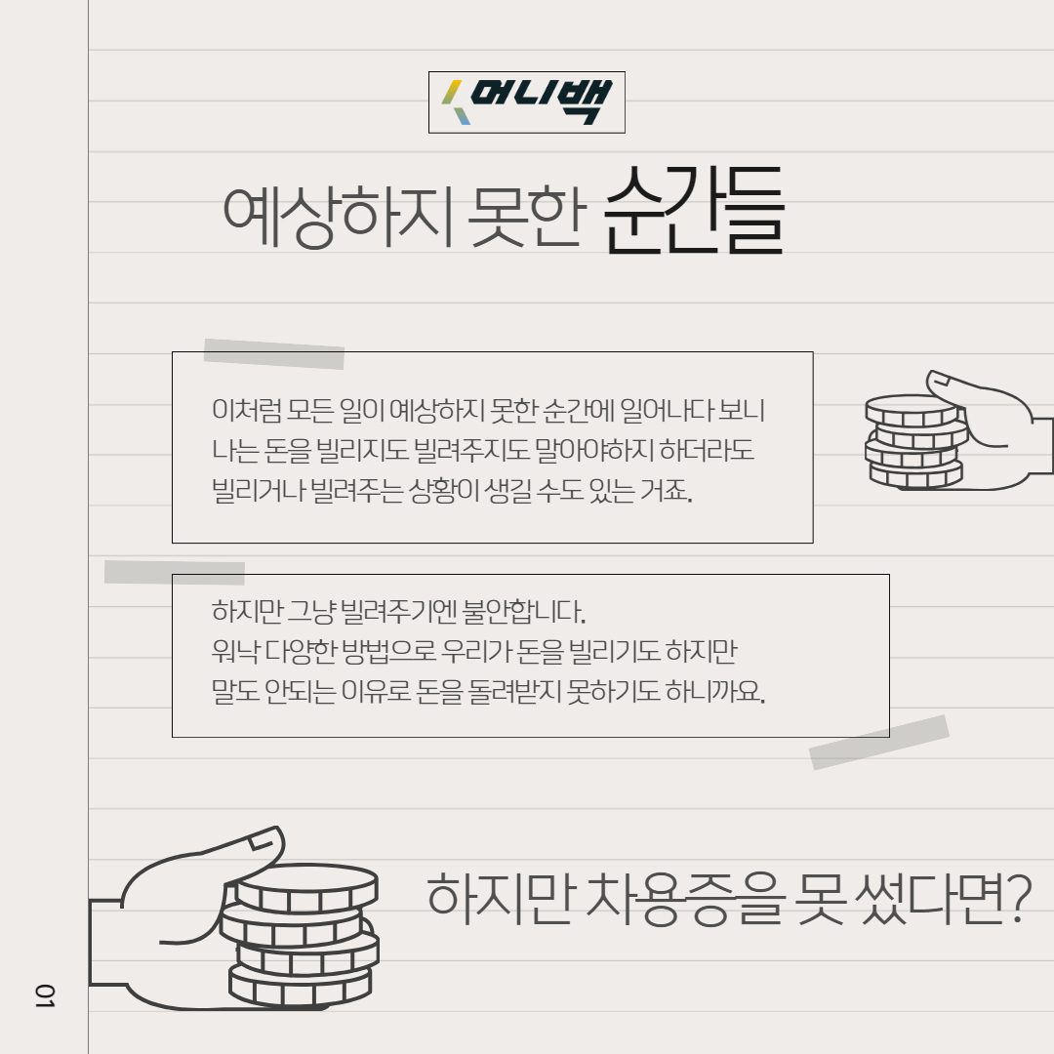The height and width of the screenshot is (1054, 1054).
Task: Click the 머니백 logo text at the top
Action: click(541, 101)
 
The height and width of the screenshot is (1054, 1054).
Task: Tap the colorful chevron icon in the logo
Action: click(455, 102)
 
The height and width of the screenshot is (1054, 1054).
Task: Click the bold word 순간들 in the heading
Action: click(694, 214)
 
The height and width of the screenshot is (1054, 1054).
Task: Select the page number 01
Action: click(45, 995)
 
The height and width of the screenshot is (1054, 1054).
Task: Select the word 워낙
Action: click(232, 652)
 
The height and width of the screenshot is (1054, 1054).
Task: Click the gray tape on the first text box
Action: click(274, 353)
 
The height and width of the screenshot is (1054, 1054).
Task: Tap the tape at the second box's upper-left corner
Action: click(175, 572)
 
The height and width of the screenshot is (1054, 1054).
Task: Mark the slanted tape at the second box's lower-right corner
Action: click(879, 742)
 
